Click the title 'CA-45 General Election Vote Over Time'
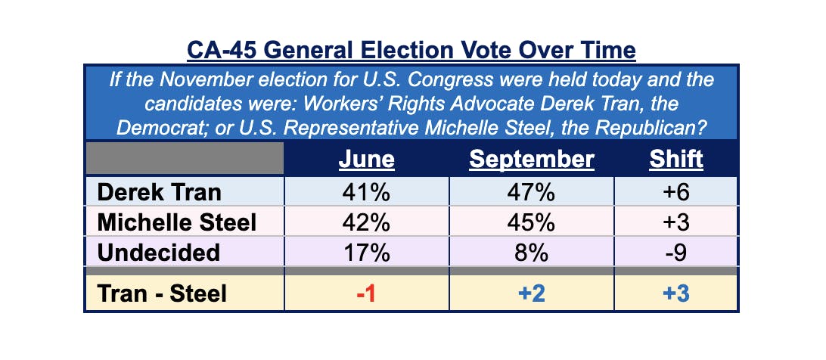(411, 51)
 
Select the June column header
(366, 160)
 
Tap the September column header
(532, 160)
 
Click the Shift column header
(675, 160)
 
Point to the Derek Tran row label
(160, 192)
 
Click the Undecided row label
(158, 253)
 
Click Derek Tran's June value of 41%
(366, 192)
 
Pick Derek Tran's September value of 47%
(532, 192)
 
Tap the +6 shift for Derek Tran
(675, 192)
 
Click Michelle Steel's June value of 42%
(366, 222)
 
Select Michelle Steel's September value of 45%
(532, 222)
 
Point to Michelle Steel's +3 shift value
(675, 222)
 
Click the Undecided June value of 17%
(366, 253)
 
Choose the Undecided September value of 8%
(532, 253)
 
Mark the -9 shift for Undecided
(675, 253)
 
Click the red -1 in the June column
(366, 293)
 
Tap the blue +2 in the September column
(532, 293)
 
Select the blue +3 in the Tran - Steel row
(675, 293)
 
